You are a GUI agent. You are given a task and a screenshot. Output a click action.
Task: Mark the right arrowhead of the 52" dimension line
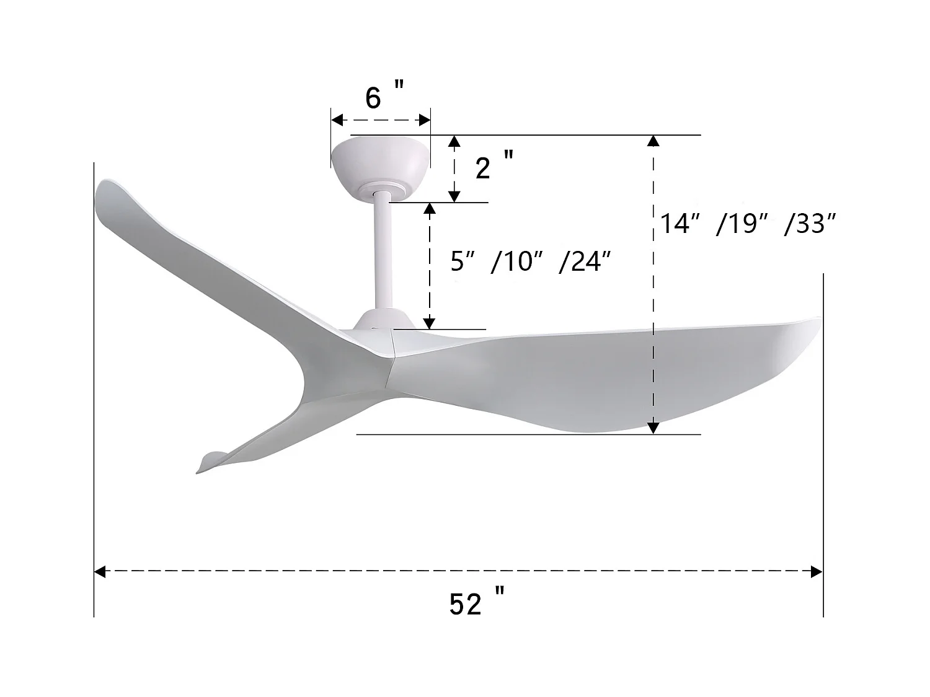[817, 572]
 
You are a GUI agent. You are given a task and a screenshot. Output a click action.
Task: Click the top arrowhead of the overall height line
[652, 141]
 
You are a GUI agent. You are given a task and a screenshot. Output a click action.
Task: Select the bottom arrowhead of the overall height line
[652, 427]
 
